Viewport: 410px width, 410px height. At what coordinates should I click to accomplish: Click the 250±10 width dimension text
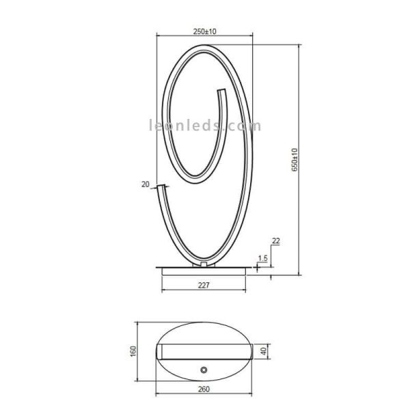(x=205, y=31)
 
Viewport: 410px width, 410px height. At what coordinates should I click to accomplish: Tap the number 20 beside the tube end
(x=145, y=184)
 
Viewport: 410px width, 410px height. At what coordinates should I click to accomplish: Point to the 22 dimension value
(x=275, y=241)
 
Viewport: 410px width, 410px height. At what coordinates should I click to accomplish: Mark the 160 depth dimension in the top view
(x=134, y=351)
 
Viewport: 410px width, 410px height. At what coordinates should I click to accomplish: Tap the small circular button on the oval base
(x=204, y=369)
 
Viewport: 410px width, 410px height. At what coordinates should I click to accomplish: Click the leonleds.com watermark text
(x=205, y=126)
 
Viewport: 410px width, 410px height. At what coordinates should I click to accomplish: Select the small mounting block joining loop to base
(x=204, y=263)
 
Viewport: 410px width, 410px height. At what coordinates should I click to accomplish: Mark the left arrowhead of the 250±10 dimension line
(x=159, y=36)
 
